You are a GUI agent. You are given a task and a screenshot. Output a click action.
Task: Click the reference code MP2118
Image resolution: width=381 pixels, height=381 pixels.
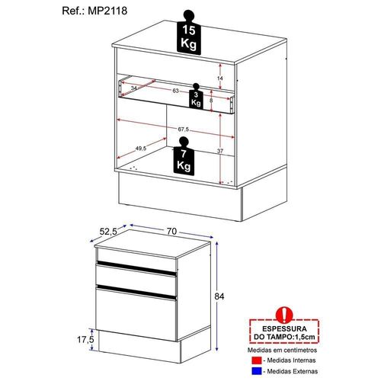click(x=107, y=11)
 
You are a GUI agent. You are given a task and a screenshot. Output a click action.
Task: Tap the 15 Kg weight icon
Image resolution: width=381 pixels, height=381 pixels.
click(x=189, y=32)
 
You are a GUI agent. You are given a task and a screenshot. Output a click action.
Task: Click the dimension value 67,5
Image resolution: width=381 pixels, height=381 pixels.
click(x=183, y=130)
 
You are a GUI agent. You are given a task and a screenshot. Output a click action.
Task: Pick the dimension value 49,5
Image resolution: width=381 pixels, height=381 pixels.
click(x=141, y=149)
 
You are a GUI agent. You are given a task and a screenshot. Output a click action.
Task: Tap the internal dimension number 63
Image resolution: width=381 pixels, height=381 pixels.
click(x=175, y=91)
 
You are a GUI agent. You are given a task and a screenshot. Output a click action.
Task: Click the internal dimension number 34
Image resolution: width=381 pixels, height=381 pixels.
click(x=133, y=88)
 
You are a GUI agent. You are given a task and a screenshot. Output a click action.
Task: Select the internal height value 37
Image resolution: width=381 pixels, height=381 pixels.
click(x=220, y=151)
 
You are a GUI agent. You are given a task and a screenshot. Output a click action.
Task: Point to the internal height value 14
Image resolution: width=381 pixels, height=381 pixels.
click(x=220, y=78)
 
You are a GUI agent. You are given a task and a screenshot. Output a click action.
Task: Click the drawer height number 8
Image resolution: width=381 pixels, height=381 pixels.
click(x=211, y=101)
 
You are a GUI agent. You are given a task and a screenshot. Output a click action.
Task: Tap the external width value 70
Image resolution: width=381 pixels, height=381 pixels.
click(x=171, y=232)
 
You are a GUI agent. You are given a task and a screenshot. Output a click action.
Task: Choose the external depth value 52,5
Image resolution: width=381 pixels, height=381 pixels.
click(x=108, y=232)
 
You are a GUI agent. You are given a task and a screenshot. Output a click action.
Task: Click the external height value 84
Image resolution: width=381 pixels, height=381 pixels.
click(x=219, y=296)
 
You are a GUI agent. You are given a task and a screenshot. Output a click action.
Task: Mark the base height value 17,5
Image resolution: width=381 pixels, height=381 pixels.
click(x=85, y=339)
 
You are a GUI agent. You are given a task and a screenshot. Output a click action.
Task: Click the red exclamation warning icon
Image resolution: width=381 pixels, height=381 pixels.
click(x=285, y=315)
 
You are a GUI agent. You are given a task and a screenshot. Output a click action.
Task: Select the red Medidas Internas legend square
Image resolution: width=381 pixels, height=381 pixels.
click(x=257, y=360)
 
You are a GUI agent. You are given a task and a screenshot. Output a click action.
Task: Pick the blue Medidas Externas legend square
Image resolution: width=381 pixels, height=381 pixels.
click(x=257, y=371)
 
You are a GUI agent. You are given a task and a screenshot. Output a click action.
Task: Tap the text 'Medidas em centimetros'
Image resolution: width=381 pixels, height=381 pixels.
click(x=282, y=350)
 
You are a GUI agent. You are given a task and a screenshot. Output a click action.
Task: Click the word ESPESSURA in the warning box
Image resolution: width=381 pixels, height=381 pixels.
click(x=284, y=328)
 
